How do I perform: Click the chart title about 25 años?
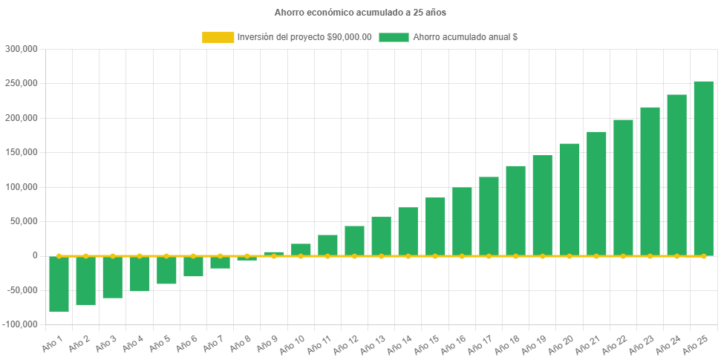(x=360, y=13)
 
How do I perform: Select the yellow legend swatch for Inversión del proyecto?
(x=217, y=37)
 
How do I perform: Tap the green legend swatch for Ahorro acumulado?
(x=394, y=37)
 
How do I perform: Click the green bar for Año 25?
(x=703, y=168)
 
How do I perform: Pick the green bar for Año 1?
(x=59, y=284)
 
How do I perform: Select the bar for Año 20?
(x=569, y=199)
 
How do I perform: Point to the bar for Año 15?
(x=435, y=226)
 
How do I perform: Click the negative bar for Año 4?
(x=140, y=274)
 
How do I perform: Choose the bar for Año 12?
(x=354, y=240)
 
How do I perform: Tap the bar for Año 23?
(x=650, y=181)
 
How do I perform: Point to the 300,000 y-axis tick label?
(x=21, y=49)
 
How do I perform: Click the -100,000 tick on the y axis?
(x=19, y=324)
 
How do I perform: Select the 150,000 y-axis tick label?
(x=21, y=152)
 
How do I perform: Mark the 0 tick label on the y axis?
(x=34, y=255)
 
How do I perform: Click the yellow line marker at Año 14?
(x=408, y=256)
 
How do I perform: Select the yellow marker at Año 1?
(x=59, y=256)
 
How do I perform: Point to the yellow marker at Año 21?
(x=596, y=256)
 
